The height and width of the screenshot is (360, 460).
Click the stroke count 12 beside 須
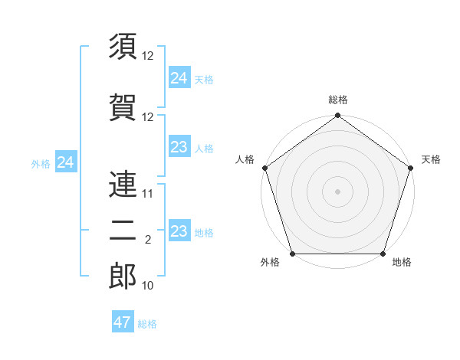pyautogui.click(x=148, y=57)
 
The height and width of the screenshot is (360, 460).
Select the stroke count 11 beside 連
pyautogui.click(x=148, y=194)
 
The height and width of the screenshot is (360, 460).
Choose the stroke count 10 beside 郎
pyautogui.click(x=148, y=286)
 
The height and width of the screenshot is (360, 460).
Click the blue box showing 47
pyautogui.click(x=123, y=322)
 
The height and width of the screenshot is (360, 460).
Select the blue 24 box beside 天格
pyautogui.click(x=179, y=78)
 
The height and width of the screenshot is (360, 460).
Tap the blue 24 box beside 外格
pyautogui.click(x=66, y=162)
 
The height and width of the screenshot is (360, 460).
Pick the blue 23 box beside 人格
pyautogui.click(x=179, y=147)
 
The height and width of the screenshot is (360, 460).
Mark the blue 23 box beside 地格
pyautogui.click(x=179, y=231)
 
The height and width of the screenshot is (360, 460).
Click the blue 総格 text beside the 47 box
pyautogui.click(x=148, y=324)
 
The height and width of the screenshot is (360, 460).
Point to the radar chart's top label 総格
pyautogui.click(x=337, y=100)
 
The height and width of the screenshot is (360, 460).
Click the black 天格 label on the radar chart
pyautogui.click(x=431, y=159)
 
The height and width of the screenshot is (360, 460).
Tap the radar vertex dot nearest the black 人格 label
pyautogui.click(x=264, y=168)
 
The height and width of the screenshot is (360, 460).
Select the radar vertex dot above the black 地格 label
pyautogui.click(x=383, y=254)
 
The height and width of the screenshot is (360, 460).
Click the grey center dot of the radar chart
pyautogui.click(x=337, y=191)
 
